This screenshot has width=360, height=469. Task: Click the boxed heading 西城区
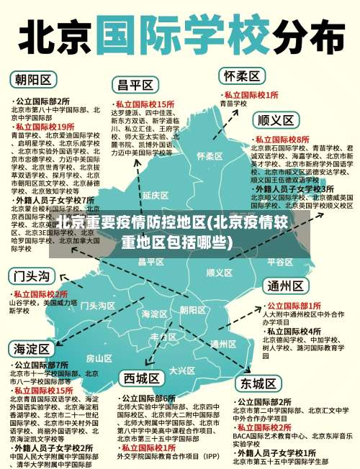tap(141, 378)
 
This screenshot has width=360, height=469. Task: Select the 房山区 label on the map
tap(99, 358)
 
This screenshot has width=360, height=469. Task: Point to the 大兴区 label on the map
tap(181, 370)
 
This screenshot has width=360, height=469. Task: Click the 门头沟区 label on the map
tap(97, 306)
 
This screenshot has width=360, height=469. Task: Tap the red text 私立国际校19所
tap(45, 126)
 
